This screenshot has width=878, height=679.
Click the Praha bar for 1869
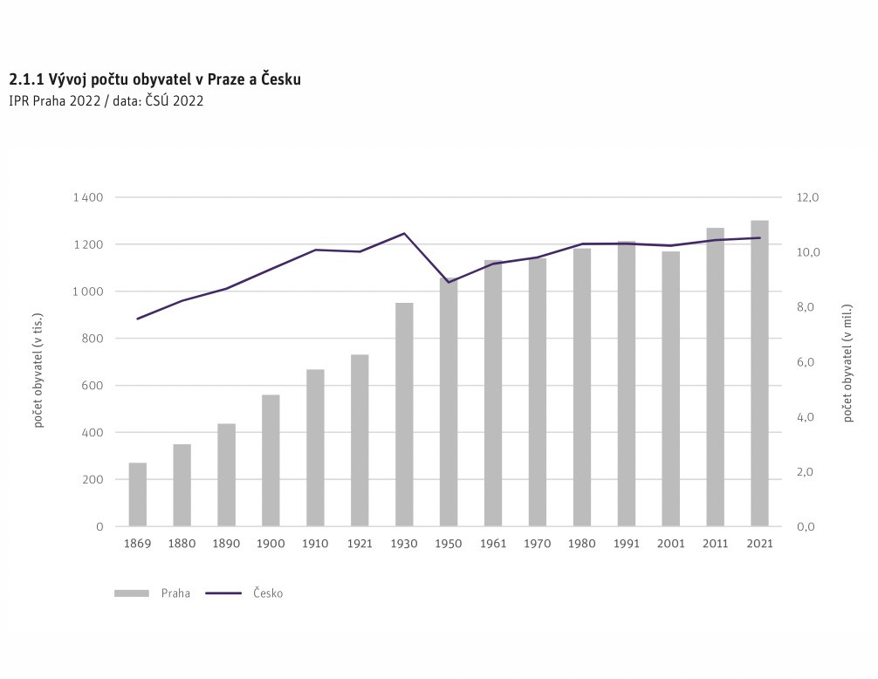pos(138,494)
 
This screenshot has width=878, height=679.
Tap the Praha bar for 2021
pos(759,373)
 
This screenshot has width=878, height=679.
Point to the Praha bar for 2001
pos(670,388)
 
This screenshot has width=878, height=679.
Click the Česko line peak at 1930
pos(404,233)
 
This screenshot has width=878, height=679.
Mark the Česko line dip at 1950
pos(449,282)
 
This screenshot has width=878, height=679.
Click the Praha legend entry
pos(153,593)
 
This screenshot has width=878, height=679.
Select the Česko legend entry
pos(245,593)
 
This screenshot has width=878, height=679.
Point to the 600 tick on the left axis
pos(93,386)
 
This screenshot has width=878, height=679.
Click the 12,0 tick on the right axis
pos(808,198)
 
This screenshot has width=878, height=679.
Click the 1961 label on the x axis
pos(493,544)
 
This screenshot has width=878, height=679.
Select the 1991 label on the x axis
pos(626,544)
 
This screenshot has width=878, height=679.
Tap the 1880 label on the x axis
pos(182,544)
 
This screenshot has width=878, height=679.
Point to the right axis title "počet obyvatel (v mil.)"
pos(847,363)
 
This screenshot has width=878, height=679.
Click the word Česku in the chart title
pos(281,79)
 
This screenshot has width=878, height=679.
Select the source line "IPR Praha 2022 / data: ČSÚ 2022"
pos(106,101)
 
